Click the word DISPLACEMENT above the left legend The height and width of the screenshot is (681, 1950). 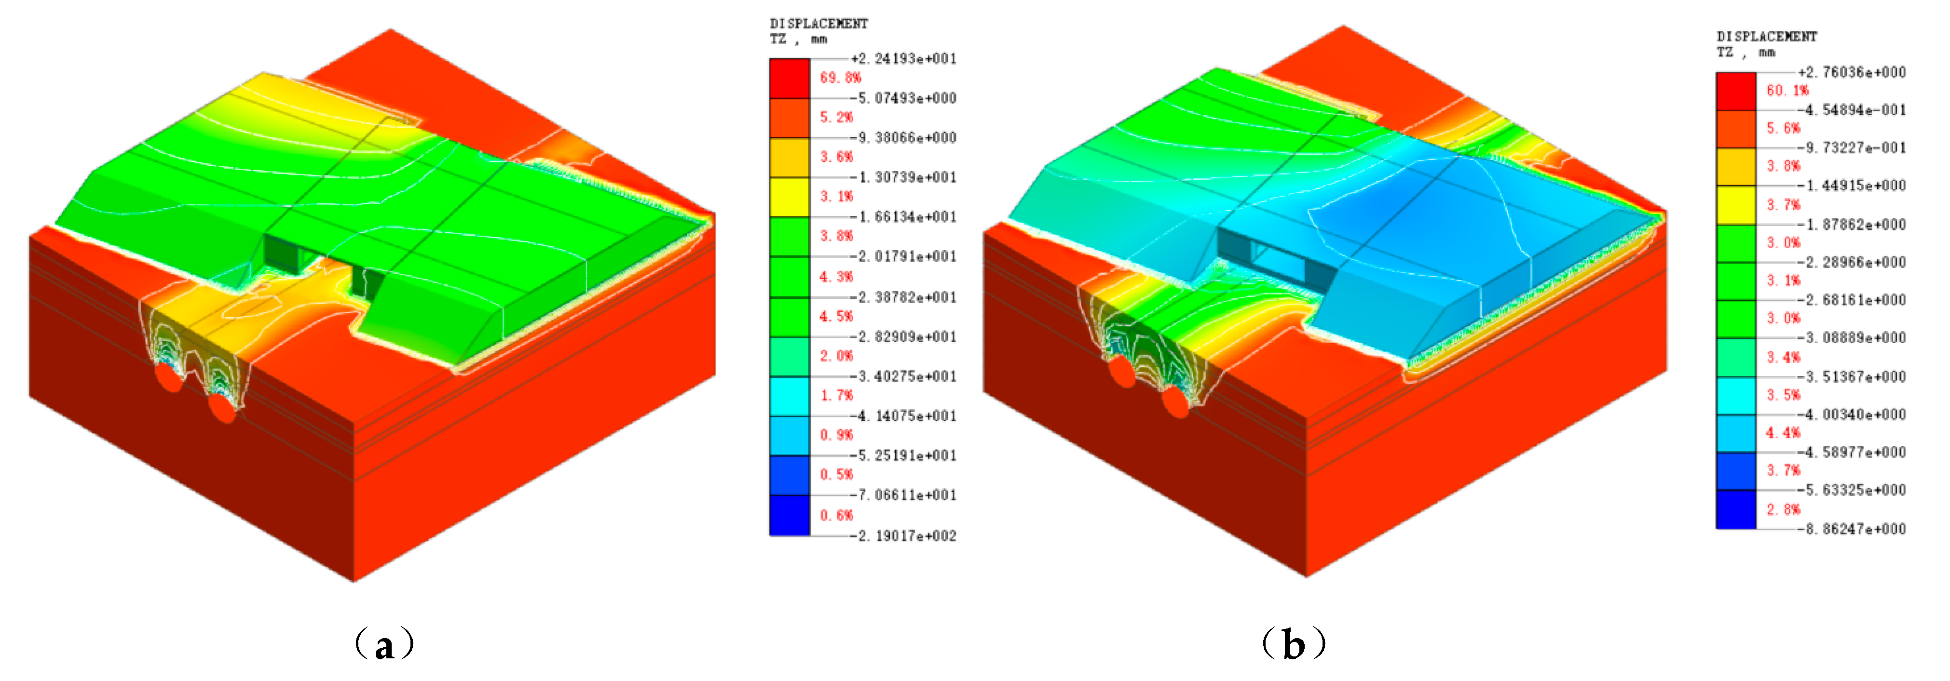(819, 24)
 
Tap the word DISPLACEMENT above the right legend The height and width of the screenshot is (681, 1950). (1767, 36)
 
